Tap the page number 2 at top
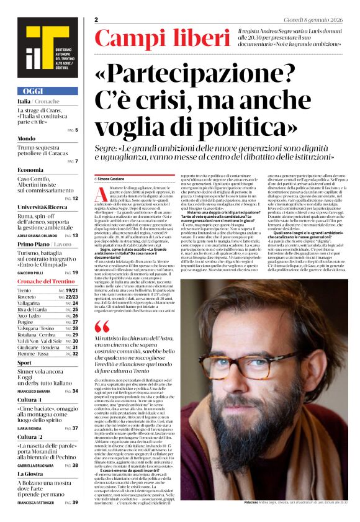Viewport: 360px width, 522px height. point(97,20)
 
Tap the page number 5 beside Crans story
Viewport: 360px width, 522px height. point(76,130)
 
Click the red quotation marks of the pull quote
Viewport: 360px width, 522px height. point(101,327)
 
